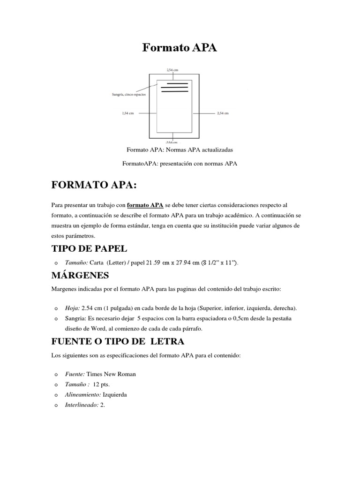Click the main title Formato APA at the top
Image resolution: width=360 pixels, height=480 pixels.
pos(180,48)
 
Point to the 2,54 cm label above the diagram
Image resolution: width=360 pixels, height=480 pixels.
pos(172,69)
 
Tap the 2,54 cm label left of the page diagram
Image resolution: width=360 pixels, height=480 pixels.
pos(128,113)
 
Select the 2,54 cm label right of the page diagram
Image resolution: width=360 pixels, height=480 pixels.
pos(222,113)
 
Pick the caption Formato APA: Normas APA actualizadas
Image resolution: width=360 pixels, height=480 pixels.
pos(180,150)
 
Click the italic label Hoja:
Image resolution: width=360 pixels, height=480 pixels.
pos(73,308)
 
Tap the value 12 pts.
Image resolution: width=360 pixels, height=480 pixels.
pos(101,384)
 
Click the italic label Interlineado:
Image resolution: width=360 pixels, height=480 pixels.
pos(82,405)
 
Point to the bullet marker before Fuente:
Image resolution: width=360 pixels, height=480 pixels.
pos(55,375)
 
